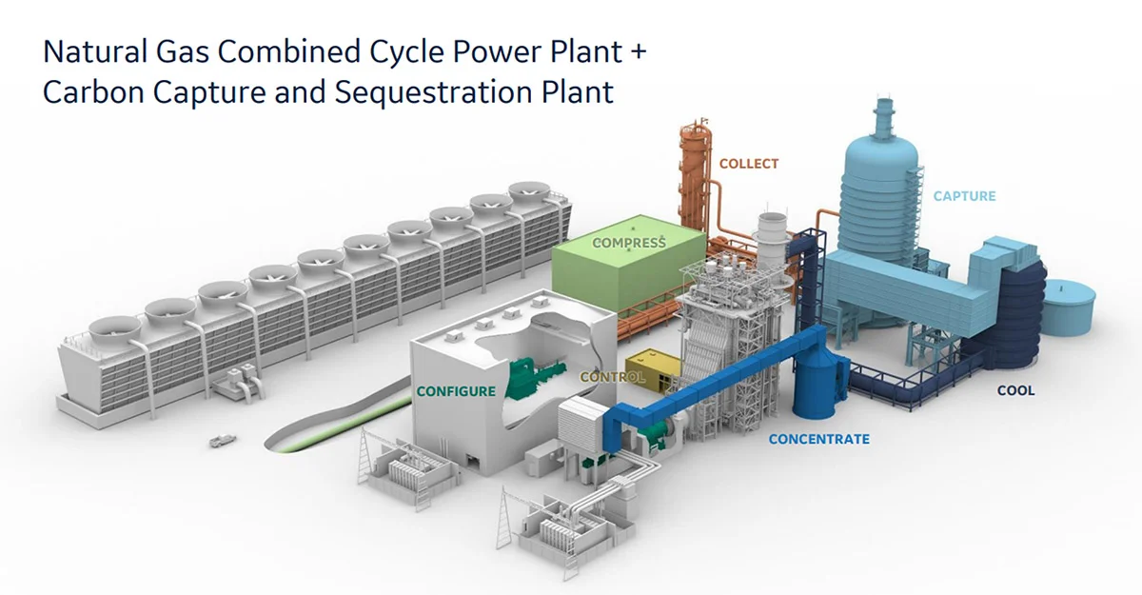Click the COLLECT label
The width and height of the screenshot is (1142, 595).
coord(748,164)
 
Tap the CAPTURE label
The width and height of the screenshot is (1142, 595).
coord(964,196)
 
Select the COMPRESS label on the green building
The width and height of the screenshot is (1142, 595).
coord(629,243)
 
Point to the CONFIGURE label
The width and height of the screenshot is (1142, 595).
coord(456,391)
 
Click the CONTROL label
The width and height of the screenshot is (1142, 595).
coord(612,377)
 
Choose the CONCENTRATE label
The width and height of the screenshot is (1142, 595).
coord(818,439)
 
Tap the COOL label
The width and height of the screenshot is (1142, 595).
coord(1015,390)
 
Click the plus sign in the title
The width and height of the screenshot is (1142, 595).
coord(637,52)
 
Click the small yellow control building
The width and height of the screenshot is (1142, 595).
coord(656,367)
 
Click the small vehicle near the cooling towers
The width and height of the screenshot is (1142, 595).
coord(221,441)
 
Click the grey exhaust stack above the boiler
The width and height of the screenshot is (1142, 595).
coord(771,233)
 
